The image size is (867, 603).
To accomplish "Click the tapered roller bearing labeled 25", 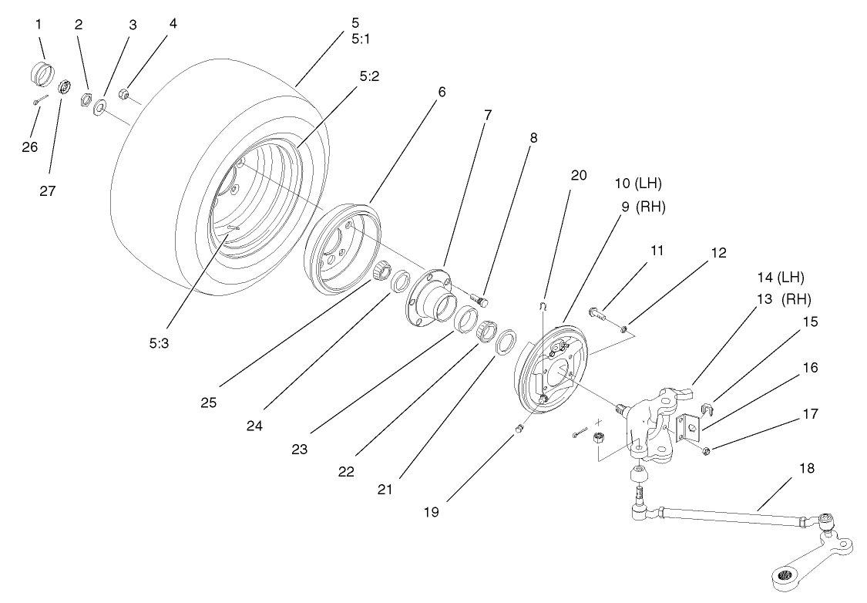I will pos(380,271).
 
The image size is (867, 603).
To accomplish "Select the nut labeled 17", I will pos(707,449).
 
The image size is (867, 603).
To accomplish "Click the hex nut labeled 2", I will pos(87,99).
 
